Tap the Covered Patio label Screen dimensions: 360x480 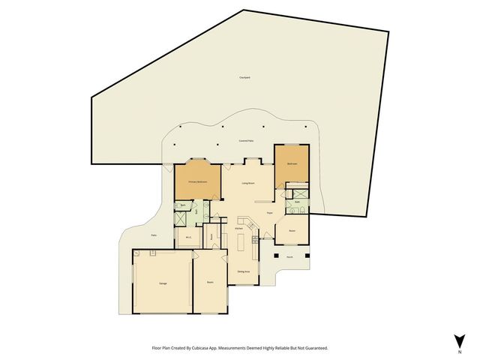click(244, 140)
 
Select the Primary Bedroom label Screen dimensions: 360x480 click(197, 182)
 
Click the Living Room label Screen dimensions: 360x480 click(249, 183)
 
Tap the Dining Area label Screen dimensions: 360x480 click(243, 271)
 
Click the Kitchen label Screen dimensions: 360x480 click(238, 228)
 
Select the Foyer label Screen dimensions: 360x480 click(269, 213)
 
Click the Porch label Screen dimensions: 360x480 click(290, 257)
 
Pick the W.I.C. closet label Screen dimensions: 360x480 click(188, 238)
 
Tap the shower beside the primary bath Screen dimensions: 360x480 click(181, 220)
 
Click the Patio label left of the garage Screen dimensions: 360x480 click(154, 235)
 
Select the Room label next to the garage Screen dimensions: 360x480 click(211, 282)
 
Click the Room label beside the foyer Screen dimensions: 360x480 click(292, 230)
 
